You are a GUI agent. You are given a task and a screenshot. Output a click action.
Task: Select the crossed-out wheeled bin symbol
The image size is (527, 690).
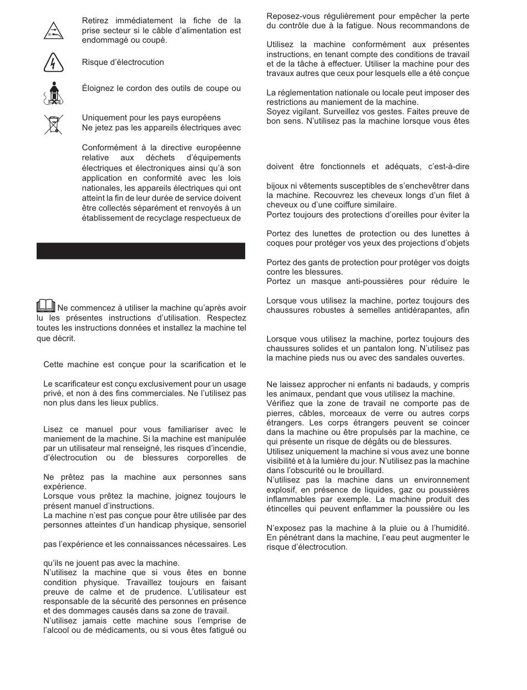pyautogui.click(x=53, y=124)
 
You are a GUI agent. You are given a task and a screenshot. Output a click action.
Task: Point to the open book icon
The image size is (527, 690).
pyautogui.click(x=46, y=306)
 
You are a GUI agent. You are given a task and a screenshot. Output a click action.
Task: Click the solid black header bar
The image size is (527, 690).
pyautogui.click(x=141, y=251)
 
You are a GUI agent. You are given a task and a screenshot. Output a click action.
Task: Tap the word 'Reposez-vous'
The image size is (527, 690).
pyautogui.click(x=291, y=16)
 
